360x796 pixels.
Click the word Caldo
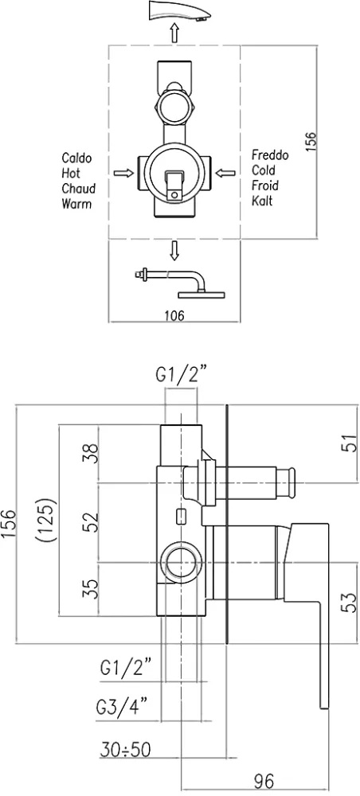coord(76,158)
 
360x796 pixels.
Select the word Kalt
coord(262,201)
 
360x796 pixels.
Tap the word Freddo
coord(270,155)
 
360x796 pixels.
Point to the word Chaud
coord(78,189)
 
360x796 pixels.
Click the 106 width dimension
coord(174,315)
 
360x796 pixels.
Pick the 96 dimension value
coord(263,780)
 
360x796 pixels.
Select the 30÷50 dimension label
coord(125,749)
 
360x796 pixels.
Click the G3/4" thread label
coord(122,706)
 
